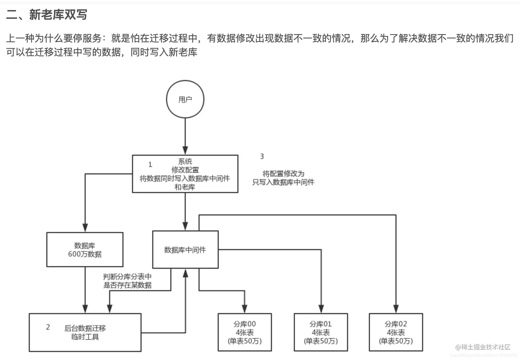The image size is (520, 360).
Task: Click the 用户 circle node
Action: click(x=185, y=99)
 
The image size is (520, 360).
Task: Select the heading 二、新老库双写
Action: click(x=46, y=14)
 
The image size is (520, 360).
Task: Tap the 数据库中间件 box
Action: click(x=185, y=250)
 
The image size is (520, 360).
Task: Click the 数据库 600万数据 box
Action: click(x=85, y=250)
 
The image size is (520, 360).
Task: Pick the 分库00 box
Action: click(x=245, y=332)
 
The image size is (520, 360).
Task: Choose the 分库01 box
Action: click(x=321, y=332)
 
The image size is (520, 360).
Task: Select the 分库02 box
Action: click(x=396, y=332)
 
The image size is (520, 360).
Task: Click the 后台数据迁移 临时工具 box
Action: click(x=85, y=332)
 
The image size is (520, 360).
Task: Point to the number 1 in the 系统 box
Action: click(x=150, y=165)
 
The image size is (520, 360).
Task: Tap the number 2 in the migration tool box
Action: click(x=48, y=327)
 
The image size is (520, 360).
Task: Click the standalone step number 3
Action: click(x=262, y=156)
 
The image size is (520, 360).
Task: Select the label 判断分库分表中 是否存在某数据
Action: click(x=127, y=281)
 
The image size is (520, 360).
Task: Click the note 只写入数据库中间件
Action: click(x=283, y=182)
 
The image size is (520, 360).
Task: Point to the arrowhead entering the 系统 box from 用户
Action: click(x=185, y=151)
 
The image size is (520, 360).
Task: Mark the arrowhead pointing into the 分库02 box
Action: click(x=396, y=309)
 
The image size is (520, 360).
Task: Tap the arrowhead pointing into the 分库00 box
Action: click(x=245, y=309)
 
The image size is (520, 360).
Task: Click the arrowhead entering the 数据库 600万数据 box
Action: click(x=85, y=228)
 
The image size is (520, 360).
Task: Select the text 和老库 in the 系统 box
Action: click(x=185, y=187)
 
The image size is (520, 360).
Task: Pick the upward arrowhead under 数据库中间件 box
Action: click(x=185, y=274)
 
